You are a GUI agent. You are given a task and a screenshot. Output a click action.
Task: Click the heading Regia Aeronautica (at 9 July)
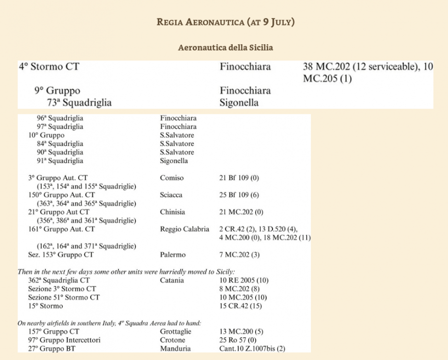pyautogui.click(x=225, y=22)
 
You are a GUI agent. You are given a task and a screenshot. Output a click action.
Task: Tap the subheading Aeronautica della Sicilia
pyautogui.click(x=225, y=48)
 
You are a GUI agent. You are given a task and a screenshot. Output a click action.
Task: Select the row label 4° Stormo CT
pyautogui.click(x=49, y=67)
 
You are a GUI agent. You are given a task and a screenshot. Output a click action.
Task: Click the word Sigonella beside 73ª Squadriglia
pyautogui.click(x=239, y=102)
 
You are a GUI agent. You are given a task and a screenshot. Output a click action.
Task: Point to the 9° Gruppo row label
pyautogui.click(x=57, y=90)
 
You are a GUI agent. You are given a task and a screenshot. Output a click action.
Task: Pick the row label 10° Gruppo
pyautogui.click(x=46, y=135)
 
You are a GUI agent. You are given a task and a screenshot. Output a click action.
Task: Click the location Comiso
pyautogui.click(x=172, y=178)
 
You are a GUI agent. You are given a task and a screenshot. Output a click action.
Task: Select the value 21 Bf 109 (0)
pyautogui.click(x=239, y=178)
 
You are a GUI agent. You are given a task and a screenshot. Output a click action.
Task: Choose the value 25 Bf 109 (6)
pyautogui.click(x=239, y=195)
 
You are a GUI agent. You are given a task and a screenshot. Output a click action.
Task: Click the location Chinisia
pyautogui.click(x=173, y=212)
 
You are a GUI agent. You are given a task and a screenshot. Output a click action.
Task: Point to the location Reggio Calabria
pyautogui.click(x=185, y=229)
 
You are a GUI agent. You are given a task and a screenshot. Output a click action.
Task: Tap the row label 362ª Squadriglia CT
pyautogui.click(x=59, y=280)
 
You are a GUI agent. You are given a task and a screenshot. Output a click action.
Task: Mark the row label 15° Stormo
pyautogui.click(x=46, y=306)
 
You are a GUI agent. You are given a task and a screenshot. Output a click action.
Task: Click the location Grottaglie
pyautogui.click(x=176, y=332)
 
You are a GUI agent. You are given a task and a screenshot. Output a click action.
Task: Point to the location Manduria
pyautogui.click(x=175, y=349)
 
